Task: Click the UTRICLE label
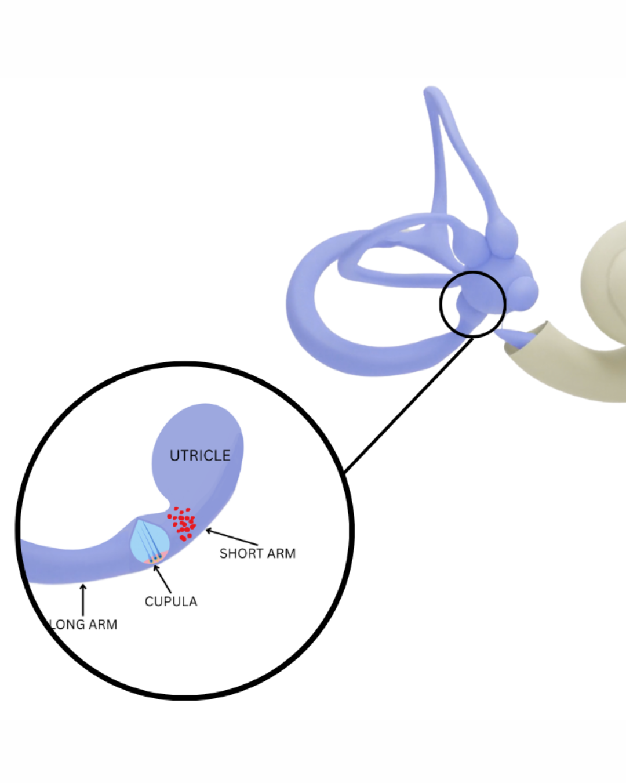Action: [x=200, y=456]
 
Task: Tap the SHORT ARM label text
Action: [x=257, y=554]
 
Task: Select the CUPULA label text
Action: [x=171, y=601]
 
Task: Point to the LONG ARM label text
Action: [x=83, y=625]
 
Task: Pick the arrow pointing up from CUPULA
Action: [x=162, y=579]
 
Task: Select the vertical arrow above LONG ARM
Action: [x=83, y=600]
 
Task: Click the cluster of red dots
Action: [x=182, y=524]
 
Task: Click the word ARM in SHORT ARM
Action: [x=281, y=554]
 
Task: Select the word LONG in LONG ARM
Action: [x=67, y=625]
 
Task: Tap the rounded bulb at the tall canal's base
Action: [x=502, y=235]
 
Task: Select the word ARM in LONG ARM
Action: [x=103, y=625]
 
